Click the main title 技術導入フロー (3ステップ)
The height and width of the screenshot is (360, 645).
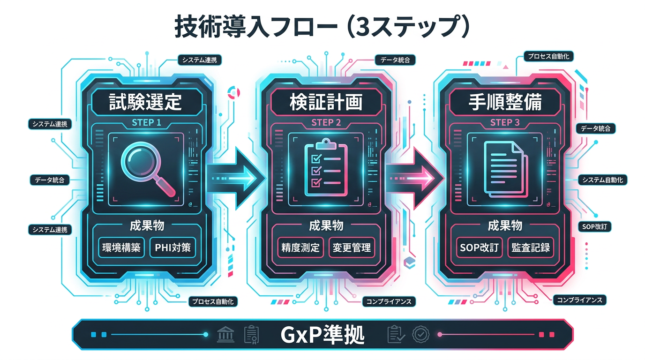click(x=322, y=27)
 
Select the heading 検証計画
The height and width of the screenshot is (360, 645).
click(x=326, y=103)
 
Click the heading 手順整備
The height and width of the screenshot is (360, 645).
click(x=505, y=103)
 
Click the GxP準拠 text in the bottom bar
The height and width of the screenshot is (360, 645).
click(x=322, y=335)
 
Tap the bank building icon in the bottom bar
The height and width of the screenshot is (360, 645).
click(x=226, y=335)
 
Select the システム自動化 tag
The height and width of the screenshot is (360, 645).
click(x=602, y=180)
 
